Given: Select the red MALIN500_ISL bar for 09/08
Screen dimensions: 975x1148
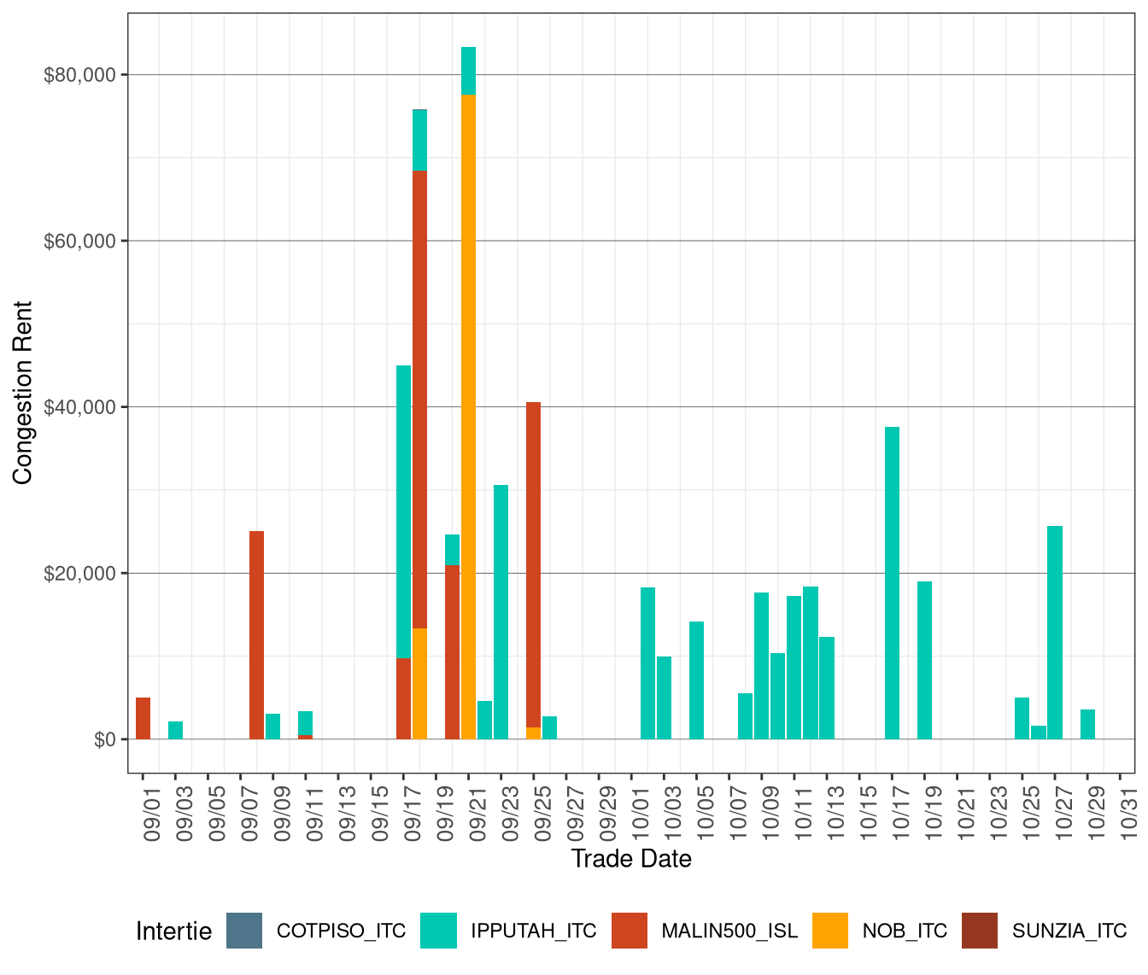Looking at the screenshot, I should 256,635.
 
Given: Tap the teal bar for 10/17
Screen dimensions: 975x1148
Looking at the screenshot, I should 892,583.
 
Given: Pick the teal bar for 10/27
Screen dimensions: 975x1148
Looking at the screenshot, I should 1055,633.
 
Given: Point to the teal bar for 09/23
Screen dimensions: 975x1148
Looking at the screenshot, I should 501,612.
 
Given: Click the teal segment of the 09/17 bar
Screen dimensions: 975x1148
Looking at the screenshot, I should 403,512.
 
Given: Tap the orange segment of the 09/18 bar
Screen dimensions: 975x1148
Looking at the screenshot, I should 419,684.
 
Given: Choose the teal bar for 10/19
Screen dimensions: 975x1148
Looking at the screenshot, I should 924,660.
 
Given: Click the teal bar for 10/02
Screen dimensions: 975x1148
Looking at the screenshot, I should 647,663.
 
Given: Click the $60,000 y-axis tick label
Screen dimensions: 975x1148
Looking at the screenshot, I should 79,242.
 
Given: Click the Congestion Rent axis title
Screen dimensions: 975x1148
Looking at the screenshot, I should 23,393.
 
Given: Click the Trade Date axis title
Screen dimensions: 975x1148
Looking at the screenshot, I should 631,859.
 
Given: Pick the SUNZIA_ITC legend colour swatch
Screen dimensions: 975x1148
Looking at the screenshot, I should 980,931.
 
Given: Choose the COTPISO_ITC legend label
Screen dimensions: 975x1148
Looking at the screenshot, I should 341,931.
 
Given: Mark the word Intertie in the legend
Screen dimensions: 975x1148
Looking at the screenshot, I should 173,931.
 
